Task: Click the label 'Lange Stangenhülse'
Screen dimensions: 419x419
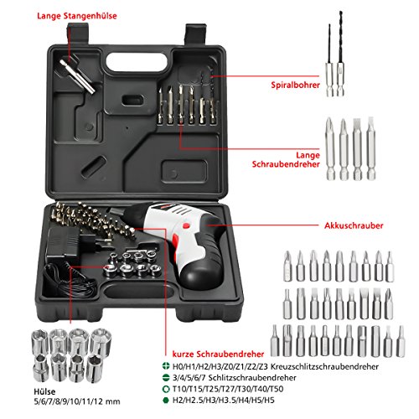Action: tap(77, 16)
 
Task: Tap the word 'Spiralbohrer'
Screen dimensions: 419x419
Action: tap(295, 85)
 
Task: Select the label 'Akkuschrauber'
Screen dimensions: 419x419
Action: tap(354, 225)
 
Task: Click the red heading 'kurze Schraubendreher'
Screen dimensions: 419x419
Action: tap(218, 354)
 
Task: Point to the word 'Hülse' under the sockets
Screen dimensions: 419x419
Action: tap(44, 391)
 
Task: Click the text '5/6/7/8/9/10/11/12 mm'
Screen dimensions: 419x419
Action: tap(77, 401)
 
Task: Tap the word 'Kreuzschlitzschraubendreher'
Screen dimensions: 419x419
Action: tap(324, 366)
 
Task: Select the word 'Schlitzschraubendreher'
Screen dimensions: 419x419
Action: tap(252, 378)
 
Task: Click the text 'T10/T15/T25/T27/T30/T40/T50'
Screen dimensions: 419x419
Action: tap(228, 389)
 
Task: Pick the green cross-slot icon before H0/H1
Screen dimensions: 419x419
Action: tap(166, 366)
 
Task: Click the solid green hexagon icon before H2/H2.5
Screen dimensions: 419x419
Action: tap(166, 400)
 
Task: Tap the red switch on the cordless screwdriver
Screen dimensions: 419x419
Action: tap(186, 225)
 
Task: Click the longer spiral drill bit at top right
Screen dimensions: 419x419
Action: tap(340, 54)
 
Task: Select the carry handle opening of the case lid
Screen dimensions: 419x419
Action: tap(137, 62)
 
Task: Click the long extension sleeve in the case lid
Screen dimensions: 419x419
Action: tap(78, 75)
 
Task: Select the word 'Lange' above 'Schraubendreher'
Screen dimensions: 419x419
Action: tap(308, 155)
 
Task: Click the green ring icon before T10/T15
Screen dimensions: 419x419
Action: tap(166, 389)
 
